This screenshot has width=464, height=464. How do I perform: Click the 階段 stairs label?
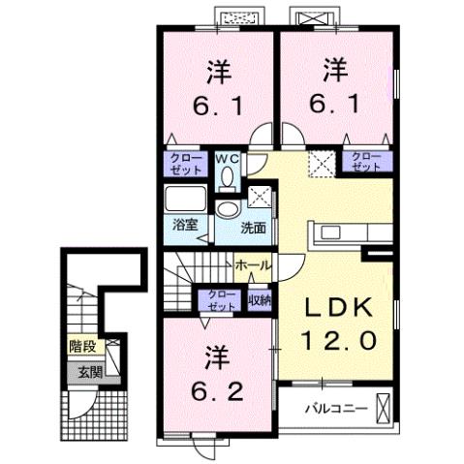pyautogui.click(x=82, y=346)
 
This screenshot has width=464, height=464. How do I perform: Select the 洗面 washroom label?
pyautogui.click(x=254, y=229)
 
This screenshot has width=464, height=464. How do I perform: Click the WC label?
pyautogui.click(x=228, y=157)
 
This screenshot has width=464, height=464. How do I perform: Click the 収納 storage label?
pyautogui.click(x=259, y=300)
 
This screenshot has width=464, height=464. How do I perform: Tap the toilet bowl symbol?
pyautogui.click(x=228, y=176)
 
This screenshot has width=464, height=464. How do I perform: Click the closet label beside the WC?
pyautogui.click(x=185, y=162)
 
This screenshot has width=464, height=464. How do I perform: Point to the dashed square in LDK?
pyautogui.click(x=321, y=162)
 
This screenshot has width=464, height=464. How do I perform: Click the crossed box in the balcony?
pyautogui.click(x=385, y=407)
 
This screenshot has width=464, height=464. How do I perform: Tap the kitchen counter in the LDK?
pyautogui.click(x=344, y=233)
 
